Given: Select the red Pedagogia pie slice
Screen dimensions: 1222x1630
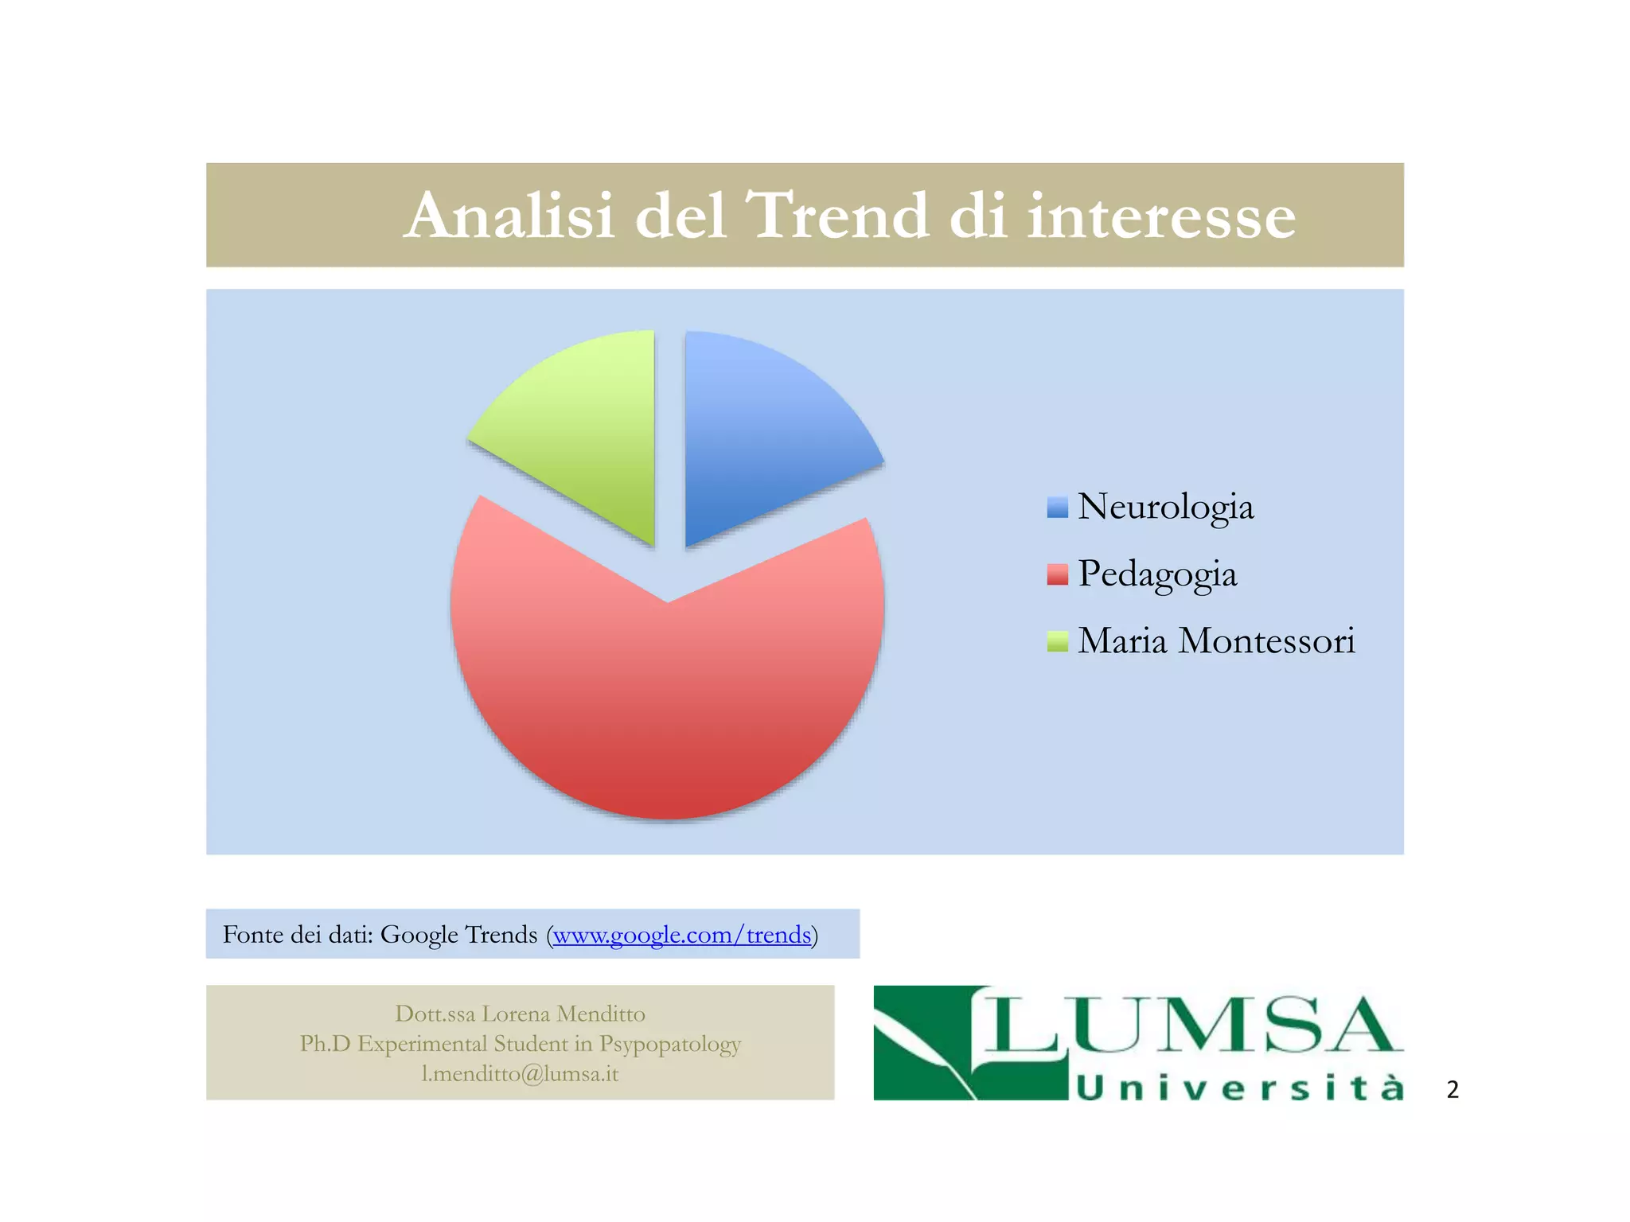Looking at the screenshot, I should (x=667, y=700).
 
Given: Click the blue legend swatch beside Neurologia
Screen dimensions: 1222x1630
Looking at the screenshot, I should (x=1057, y=508).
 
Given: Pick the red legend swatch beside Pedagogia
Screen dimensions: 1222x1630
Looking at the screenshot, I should (x=1057, y=574).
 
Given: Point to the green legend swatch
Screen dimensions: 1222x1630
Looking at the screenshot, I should (x=1057, y=641).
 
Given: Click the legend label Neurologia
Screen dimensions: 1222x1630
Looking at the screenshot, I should (x=1165, y=507).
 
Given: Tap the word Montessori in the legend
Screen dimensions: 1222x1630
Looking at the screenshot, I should (x=1265, y=640).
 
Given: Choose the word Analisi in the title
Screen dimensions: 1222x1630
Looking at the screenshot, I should (x=509, y=216).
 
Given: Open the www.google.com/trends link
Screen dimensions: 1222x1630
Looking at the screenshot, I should (x=682, y=934).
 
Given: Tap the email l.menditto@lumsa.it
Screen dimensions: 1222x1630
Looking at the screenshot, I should (x=520, y=1073).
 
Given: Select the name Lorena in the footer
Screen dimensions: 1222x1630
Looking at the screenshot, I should (x=516, y=1014).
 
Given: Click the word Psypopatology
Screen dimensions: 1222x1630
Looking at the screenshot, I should (x=670, y=1043).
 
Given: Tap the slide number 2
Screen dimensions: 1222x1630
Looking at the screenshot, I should (x=1453, y=1089).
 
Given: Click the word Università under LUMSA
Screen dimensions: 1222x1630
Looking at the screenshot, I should (x=1238, y=1087).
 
